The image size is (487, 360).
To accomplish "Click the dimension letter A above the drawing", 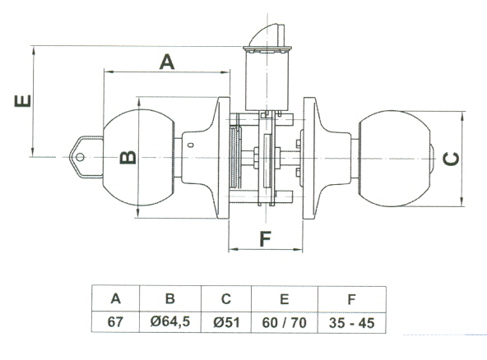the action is [167, 62].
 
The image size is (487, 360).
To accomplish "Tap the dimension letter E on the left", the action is [23, 101].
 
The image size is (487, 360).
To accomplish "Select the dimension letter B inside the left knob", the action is [128, 157].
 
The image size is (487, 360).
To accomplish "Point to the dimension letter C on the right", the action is [451, 159].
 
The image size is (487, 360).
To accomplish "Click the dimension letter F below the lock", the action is [265, 238].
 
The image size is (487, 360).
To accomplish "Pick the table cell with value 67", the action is [115, 322].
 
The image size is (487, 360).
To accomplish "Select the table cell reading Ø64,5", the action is [170, 322].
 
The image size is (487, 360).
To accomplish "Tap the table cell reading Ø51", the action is [226, 322].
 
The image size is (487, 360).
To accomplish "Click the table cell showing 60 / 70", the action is [284, 322].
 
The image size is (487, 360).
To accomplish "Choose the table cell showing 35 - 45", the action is [351, 323].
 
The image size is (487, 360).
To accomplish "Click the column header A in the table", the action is [115, 298].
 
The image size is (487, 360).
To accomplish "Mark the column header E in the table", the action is [284, 299].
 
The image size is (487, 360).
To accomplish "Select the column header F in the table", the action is [351, 299].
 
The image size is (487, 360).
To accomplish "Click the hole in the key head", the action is [80, 157].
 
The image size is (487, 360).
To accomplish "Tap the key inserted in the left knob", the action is [86, 157].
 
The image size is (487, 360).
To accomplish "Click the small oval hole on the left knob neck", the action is [191, 145].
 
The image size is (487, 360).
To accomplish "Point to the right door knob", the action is [394, 159].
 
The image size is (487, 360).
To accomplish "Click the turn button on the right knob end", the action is [433, 159].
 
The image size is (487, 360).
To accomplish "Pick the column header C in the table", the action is [226, 299].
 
